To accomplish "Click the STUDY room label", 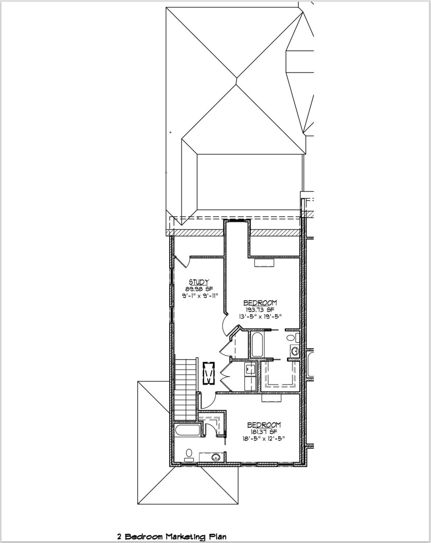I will pos(199,282).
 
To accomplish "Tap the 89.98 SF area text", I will pos(199,289).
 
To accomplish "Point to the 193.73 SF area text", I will pos(260,309).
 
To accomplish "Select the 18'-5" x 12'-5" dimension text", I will pos(264,438).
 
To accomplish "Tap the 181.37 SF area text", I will pos(264,432).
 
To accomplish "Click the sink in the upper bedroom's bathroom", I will pos(294,351).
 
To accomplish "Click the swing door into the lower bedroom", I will pos(206,400).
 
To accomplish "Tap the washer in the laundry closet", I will pos(250,369).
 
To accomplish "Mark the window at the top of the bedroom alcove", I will pos(238,221).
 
